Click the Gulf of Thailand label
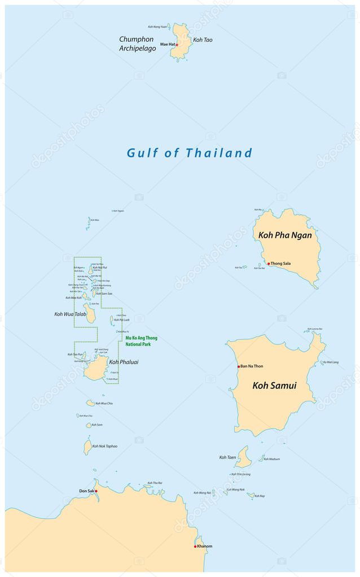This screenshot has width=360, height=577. coord(189,153)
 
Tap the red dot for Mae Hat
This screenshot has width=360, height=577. coord(177,45)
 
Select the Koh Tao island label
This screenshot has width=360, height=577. coord(203,40)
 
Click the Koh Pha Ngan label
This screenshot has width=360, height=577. coord(285,235)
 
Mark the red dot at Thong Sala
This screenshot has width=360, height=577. coord(269,264)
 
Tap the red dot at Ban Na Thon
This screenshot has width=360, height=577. coord(239,366)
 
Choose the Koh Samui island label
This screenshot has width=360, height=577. coord(274,386)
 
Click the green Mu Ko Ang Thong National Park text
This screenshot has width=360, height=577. coord(141,340)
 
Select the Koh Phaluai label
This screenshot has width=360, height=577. coord(124,362)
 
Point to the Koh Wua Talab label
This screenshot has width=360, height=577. coord(71,314)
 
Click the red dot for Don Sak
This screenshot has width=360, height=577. coord(96,491)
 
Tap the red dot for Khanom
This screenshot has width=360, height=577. coord(195,547)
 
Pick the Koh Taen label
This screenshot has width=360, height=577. coord(227,457)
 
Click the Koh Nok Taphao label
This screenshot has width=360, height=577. coord(105,446)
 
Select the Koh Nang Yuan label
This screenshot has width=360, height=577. coord(157,27)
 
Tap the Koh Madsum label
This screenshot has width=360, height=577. coord(271,459)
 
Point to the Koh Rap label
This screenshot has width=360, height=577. coord(260,496)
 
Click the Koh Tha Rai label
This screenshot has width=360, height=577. coord(155,483)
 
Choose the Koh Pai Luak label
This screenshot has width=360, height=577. coord(121,320)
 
